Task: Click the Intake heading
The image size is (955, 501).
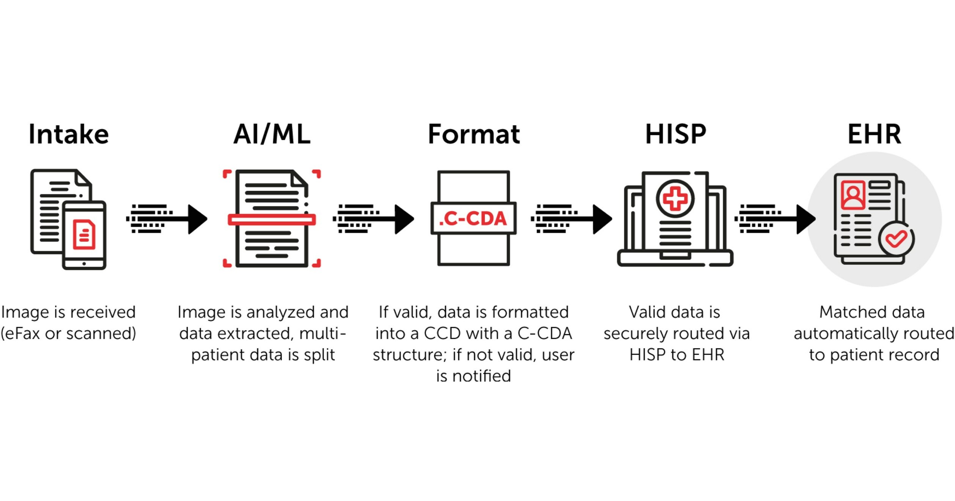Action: [x=69, y=134]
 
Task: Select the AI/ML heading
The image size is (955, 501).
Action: [x=272, y=134]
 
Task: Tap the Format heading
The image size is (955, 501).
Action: [x=474, y=134]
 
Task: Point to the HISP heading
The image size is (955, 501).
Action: [x=676, y=134]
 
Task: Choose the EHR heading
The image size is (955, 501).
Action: [x=874, y=134]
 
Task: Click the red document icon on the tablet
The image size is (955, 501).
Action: [x=84, y=234]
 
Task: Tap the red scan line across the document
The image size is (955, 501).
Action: [x=271, y=220]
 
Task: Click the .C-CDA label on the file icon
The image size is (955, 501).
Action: [x=473, y=218]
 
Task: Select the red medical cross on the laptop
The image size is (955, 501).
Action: [x=675, y=199]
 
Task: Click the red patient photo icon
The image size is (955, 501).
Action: [x=853, y=195]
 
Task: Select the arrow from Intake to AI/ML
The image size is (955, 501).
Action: [x=167, y=219]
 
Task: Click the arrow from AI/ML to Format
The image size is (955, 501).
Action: [x=374, y=219]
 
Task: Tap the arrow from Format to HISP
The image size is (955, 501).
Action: [x=572, y=219]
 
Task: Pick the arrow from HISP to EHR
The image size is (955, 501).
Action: [x=775, y=219]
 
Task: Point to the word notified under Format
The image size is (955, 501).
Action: [x=482, y=376]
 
